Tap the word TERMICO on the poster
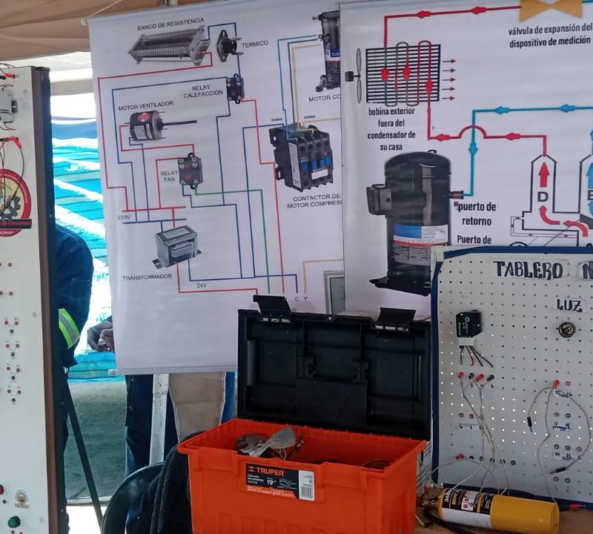pos(254,44)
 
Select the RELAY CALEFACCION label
pos(202,90)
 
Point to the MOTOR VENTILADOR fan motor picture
pos(148,125)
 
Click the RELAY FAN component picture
pos(190,170)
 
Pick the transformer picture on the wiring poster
pos(176,245)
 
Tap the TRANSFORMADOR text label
pos(146,277)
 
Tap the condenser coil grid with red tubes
pos(402,75)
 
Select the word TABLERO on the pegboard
pos(528,270)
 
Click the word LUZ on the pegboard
pos(570,305)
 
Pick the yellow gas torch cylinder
pos(498,510)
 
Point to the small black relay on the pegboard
pos(468,324)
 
